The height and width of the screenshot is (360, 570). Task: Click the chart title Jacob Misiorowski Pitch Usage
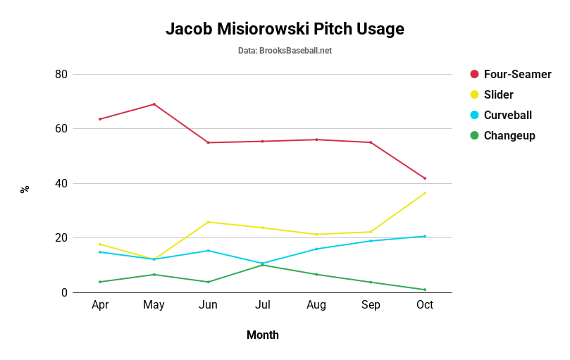pos(285,29)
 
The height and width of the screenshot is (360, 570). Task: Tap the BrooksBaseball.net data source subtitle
pos(285,51)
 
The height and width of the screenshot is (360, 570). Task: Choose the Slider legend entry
pos(498,94)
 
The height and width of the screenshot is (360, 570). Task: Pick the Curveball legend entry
pos(507,115)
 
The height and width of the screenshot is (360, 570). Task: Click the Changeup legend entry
pos(509,135)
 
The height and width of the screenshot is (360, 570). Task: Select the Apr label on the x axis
pos(100,305)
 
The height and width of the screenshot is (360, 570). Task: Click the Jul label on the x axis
pos(262,305)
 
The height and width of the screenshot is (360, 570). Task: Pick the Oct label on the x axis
pos(425,305)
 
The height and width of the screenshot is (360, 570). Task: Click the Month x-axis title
pos(262,335)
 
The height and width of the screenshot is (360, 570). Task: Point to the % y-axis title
pos(25,189)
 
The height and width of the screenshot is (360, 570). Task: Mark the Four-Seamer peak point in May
pos(154,104)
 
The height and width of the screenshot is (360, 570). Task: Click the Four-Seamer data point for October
pos(425,178)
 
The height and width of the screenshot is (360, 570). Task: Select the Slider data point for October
pos(425,193)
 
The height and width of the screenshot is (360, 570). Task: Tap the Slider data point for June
pos(209,222)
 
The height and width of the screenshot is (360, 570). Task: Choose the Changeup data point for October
pos(425,290)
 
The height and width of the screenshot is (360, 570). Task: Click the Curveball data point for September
pos(371,241)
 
